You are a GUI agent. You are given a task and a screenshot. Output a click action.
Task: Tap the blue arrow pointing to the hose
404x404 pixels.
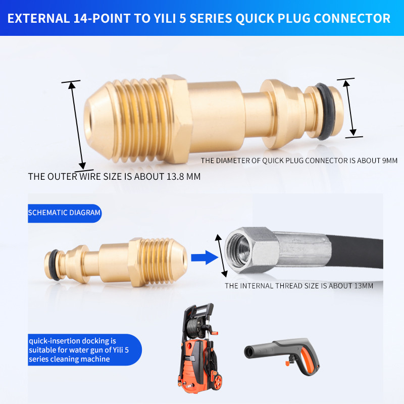pos(205,258)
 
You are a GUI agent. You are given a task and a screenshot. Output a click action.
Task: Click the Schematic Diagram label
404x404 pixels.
pos(65,213)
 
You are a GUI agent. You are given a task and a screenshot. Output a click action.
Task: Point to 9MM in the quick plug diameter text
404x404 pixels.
pos(389,161)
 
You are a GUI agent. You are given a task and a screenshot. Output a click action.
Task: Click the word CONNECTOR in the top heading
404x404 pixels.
pos(352,18)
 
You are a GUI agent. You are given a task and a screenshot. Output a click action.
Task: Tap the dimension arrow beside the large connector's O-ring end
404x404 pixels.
pos(349,108)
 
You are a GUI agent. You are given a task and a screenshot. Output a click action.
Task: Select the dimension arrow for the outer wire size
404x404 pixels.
pos(77,125)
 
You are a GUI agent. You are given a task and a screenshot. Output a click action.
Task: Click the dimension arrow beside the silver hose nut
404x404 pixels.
pos(221,256)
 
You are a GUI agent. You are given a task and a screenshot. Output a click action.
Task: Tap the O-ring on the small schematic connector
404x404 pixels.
pos(54,265)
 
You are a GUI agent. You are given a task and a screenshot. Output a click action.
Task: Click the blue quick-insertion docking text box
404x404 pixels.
pos(85,349)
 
